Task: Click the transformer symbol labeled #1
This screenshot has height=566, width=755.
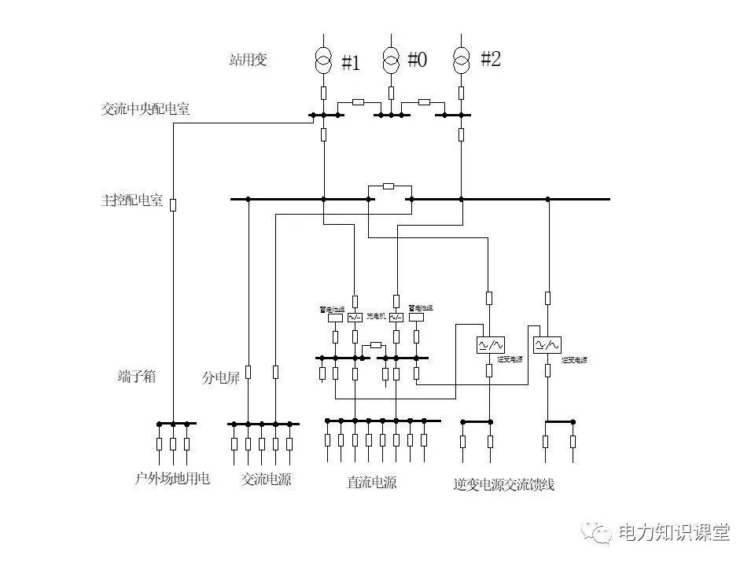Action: tap(323, 60)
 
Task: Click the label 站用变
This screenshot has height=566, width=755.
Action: tap(248, 60)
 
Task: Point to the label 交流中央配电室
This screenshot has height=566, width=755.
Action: tap(145, 109)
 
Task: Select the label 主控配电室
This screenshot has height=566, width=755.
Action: tap(131, 200)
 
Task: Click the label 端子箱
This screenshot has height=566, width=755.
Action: tap(137, 376)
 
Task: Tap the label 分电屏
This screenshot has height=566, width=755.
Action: tap(220, 378)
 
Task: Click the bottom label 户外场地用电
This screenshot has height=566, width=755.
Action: tap(172, 478)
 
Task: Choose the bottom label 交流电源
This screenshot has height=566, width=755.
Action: tap(266, 479)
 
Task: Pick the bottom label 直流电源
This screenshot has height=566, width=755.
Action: tap(371, 482)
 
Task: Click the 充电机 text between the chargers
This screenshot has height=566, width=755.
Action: tap(375, 316)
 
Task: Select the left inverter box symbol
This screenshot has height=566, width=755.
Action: tap(490, 345)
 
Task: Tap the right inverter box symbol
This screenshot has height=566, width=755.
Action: tap(547, 344)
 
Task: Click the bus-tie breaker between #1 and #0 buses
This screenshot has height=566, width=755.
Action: tap(358, 102)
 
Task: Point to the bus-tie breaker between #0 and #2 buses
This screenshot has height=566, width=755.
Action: tap(424, 102)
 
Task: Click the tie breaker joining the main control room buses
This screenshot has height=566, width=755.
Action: tap(389, 186)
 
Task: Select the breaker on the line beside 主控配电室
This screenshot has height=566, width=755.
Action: tap(173, 204)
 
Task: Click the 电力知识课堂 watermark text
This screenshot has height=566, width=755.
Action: tap(674, 532)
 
